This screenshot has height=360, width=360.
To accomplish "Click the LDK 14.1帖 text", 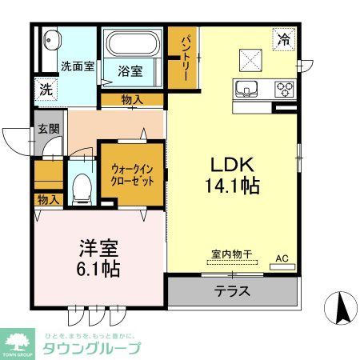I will pos(232,175).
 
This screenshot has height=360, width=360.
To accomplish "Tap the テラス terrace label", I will pos(232,292).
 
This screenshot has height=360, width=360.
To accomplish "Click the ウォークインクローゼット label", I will pos(131,174).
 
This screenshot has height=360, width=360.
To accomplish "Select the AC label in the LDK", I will pos(282,258).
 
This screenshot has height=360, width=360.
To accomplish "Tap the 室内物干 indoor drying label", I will pos(231,255).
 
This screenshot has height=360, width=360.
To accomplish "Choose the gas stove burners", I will pos(284,87).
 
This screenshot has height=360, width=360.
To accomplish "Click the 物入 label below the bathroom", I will pos(132,99).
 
